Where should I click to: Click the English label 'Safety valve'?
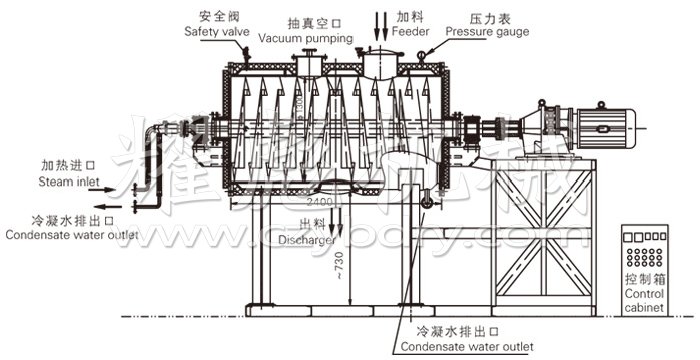[216, 31]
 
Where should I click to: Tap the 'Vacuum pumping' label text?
[305, 37]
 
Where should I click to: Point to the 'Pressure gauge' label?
[487, 31]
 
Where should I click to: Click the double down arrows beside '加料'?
[383, 23]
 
